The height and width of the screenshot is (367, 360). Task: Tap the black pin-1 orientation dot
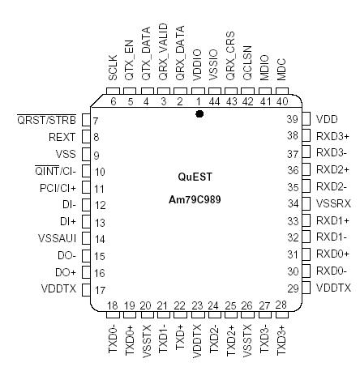(x=199, y=114)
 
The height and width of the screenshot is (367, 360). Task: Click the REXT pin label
(x=62, y=137)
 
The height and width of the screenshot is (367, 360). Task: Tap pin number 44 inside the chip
(x=216, y=100)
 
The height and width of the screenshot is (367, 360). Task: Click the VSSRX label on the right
(x=332, y=203)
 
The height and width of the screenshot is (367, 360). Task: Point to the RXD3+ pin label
(x=333, y=135)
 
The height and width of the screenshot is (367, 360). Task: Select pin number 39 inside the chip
(x=294, y=118)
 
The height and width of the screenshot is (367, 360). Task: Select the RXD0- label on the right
(x=333, y=271)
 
